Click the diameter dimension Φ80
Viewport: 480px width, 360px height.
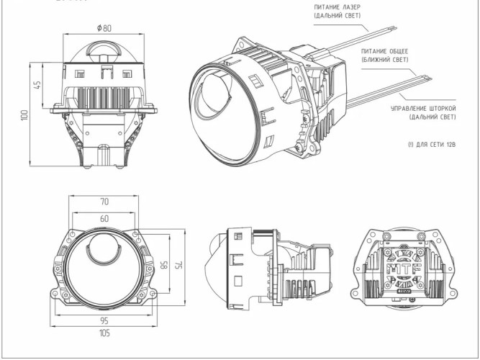104,29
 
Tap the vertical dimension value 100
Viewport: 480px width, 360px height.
24,115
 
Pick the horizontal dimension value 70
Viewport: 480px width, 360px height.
105,202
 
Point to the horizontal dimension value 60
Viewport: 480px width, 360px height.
105,217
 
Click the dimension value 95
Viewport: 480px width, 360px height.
105,320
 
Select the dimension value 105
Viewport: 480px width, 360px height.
105,333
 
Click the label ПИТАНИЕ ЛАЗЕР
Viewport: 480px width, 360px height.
336,6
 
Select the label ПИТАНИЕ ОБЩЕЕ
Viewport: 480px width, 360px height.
386,51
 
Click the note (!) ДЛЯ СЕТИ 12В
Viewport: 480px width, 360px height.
432,145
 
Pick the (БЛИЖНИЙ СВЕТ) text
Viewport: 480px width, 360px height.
386,60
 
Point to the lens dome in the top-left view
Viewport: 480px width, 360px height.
104,53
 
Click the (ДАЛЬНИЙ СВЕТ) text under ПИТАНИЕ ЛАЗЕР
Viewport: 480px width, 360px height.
336,15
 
